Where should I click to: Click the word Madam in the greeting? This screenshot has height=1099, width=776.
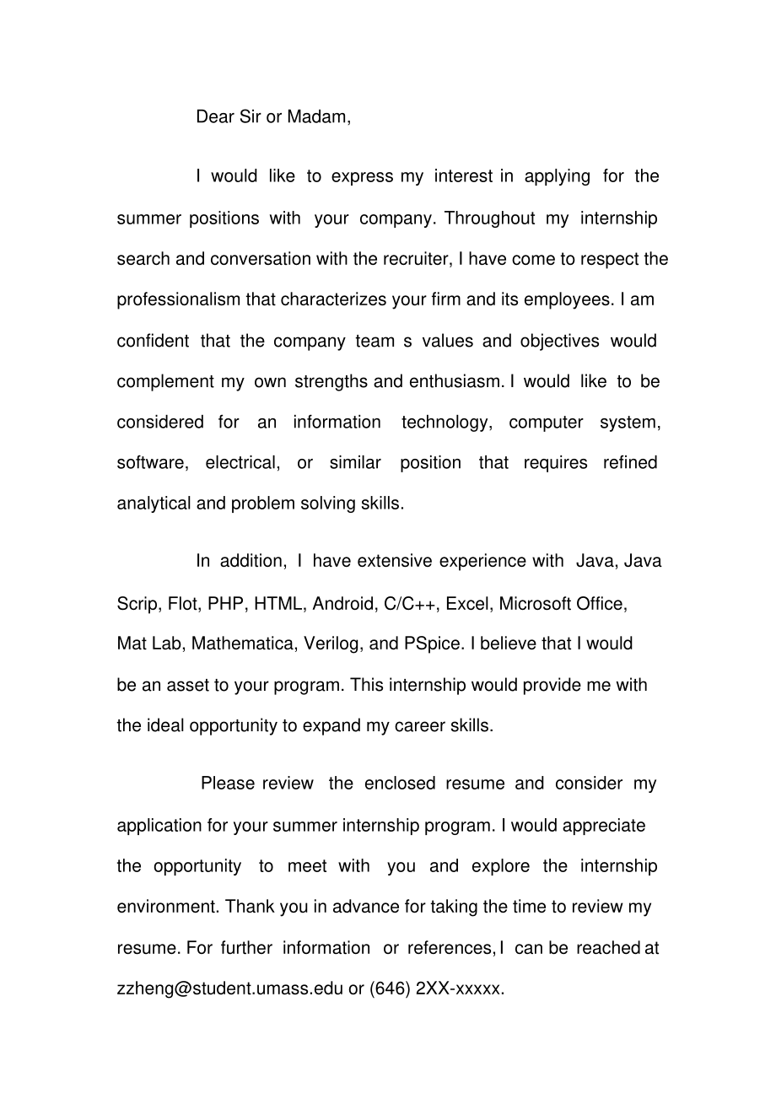318,117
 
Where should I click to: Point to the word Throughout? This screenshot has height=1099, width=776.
489,218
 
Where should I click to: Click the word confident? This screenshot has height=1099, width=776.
153,341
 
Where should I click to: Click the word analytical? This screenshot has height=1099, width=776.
154,504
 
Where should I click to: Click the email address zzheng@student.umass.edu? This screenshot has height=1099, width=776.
230,989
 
